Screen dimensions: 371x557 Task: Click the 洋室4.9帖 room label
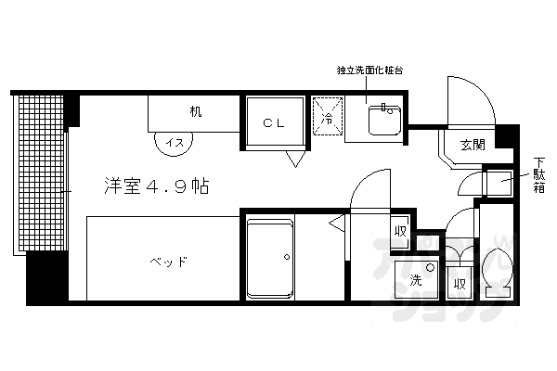pyautogui.click(x=155, y=185)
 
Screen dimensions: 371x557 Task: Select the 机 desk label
pyautogui.click(x=196, y=112)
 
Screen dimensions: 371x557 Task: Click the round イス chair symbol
pyautogui.click(x=173, y=142)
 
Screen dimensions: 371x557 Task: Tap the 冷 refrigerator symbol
pyautogui.click(x=327, y=119)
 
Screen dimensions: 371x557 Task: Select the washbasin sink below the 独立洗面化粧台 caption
pyautogui.click(x=381, y=120)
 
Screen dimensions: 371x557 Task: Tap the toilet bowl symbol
pyautogui.click(x=497, y=271)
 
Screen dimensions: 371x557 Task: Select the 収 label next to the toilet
pyautogui.click(x=459, y=284)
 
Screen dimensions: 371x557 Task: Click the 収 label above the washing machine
pyautogui.click(x=400, y=230)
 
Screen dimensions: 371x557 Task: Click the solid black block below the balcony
pyautogui.click(x=44, y=277)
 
